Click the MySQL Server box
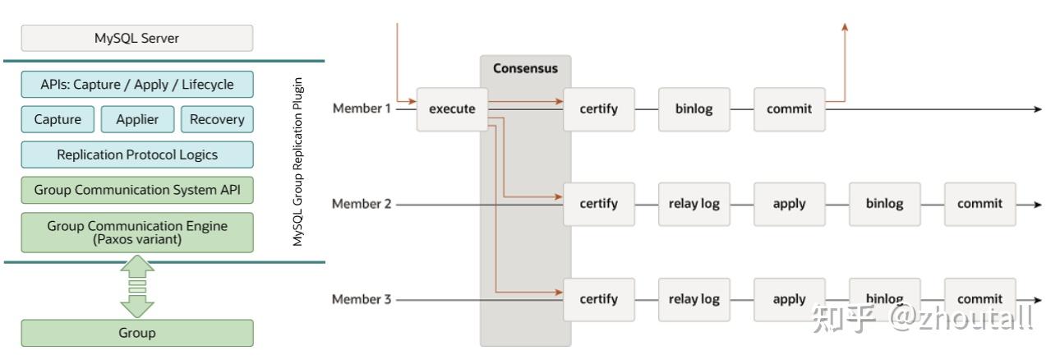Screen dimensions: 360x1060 [136, 38]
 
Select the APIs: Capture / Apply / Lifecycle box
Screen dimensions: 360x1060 [136, 85]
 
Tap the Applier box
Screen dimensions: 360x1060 [137, 119]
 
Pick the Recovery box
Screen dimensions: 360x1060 [217, 119]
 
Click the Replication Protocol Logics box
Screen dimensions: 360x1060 [136, 155]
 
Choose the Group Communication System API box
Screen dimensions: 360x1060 [136, 190]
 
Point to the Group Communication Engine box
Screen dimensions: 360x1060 [136, 233]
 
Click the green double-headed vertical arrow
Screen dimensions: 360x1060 [136, 287]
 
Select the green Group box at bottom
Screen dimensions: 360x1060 [136, 333]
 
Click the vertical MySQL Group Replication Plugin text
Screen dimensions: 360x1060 [298, 162]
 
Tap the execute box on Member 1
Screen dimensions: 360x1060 [452, 108]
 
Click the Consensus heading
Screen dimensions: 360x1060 [525, 68]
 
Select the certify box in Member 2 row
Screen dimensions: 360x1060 [598, 204]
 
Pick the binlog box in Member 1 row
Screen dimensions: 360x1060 [694, 108]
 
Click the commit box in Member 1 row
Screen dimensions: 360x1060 [789, 108]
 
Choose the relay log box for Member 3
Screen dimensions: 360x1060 [694, 299]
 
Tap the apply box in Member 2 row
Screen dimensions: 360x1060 [789, 204]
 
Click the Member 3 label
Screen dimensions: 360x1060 [362, 299]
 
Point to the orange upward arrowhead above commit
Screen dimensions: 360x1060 [845, 28]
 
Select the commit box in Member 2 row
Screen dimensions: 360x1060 [979, 204]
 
